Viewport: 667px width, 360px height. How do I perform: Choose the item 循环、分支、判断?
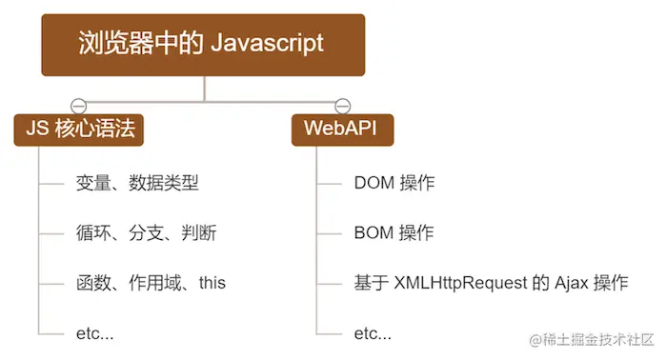tap(137, 232)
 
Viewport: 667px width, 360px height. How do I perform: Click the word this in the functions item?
tap(212, 283)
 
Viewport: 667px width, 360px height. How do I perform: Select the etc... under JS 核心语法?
tap(95, 332)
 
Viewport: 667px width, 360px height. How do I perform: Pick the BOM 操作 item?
tap(394, 232)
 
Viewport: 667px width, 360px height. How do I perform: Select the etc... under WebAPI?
tap(373, 332)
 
